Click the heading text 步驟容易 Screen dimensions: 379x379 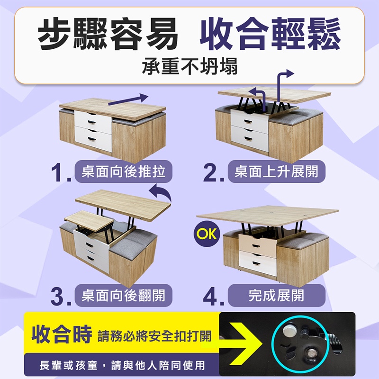[x=108, y=34]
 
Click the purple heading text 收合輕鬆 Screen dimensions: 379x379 [x=271, y=34]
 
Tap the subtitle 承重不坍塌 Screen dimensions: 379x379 [x=190, y=66]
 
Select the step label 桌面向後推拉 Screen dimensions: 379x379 [x=124, y=171]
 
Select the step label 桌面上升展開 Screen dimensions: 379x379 [x=277, y=171]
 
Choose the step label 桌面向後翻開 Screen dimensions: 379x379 [x=124, y=295]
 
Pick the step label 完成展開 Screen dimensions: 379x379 [x=277, y=295]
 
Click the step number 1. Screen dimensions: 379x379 [x=61, y=172]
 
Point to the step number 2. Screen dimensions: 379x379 [x=214, y=172]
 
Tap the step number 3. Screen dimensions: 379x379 [x=61, y=297]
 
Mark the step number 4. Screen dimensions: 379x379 [x=214, y=297]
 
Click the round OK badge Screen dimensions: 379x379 [x=207, y=234]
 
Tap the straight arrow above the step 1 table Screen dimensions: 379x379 [x=128, y=99]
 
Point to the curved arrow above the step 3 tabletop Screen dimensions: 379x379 [x=161, y=191]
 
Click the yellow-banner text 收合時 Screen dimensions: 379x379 [x=62, y=334]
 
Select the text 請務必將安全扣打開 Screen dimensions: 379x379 [x=155, y=336]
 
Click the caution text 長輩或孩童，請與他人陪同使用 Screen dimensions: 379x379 [x=122, y=365]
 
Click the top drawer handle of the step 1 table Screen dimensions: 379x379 [x=92, y=122]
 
